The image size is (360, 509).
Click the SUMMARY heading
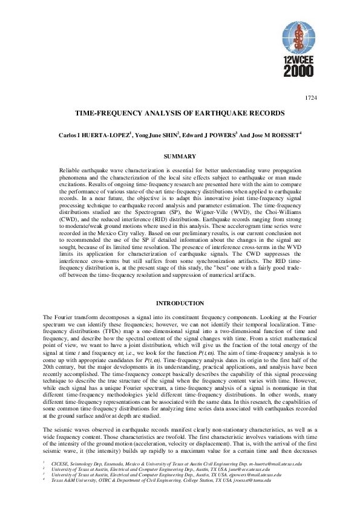(180, 157)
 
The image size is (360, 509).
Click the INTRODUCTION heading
(180, 303)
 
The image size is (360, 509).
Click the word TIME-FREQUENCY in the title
(114, 113)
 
